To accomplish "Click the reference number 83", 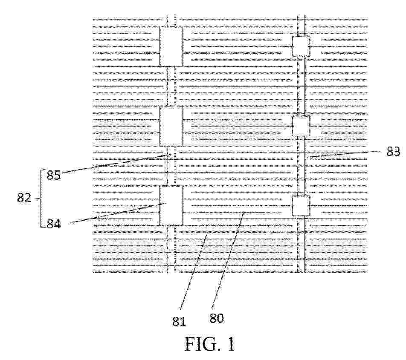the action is click(393, 151).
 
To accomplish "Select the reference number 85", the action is click(54, 175).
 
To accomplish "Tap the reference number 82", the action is click(24, 198).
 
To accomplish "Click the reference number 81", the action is click(179, 322).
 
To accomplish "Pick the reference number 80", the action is click(217, 318).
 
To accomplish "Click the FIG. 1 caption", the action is click(209, 344).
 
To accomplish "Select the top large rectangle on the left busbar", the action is click(171, 46).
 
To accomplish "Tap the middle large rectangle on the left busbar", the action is click(171, 126).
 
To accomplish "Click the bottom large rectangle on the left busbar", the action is click(171, 206).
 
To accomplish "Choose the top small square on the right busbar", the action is click(301, 46).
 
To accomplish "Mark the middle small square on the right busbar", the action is click(301, 126).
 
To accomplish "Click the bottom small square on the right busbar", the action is click(301, 206).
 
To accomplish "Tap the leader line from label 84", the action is click(118, 213).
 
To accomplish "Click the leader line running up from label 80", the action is click(227, 260).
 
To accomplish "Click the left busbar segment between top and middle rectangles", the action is click(171, 86).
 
